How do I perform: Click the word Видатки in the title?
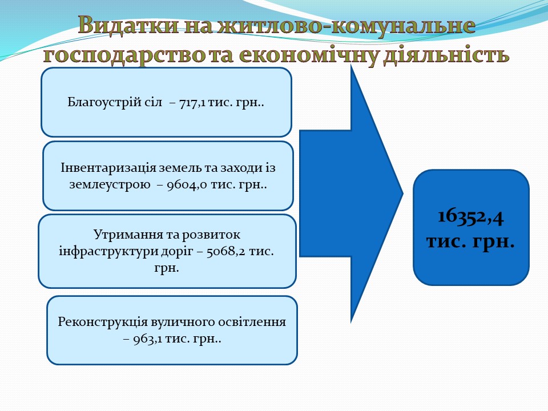128,26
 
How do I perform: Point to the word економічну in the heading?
309,55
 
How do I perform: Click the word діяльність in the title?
446,55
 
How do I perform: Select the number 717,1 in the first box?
192,103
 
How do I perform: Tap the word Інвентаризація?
108,168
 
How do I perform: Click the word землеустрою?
110,185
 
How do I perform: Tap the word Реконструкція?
103,322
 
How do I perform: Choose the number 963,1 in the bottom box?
147,339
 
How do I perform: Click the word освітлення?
252,322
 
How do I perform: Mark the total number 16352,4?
471,217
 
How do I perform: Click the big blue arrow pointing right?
351,194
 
